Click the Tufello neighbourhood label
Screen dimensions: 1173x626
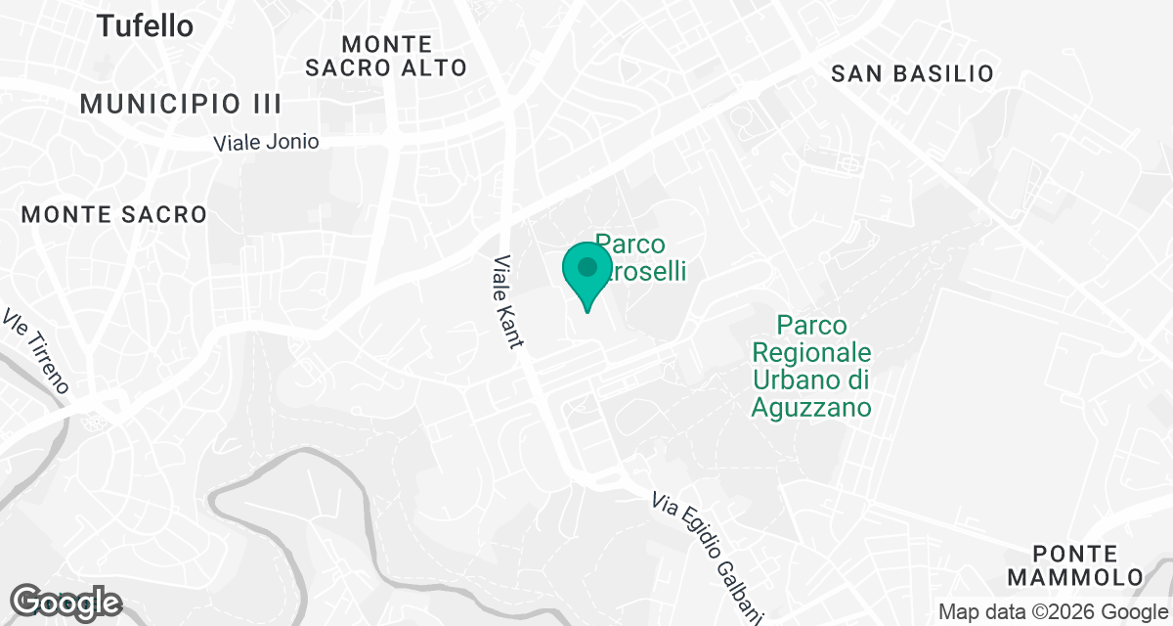tap(145, 26)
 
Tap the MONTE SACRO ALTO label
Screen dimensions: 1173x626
tap(386, 56)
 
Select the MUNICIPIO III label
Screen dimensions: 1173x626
tap(181, 104)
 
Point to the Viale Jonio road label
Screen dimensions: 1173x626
tap(266, 142)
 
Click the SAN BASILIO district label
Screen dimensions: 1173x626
tap(912, 73)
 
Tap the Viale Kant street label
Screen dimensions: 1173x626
tap(508, 301)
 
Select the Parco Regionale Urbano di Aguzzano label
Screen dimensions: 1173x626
tap(811, 366)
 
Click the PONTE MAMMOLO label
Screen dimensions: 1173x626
tap(1075, 564)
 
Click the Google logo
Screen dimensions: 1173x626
tap(66, 603)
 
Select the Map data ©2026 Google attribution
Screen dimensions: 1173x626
tap(1052, 612)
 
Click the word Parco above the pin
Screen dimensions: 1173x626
tap(630, 244)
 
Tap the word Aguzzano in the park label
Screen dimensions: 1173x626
tap(811, 407)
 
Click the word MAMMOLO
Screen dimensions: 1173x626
tap(1075, 577)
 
